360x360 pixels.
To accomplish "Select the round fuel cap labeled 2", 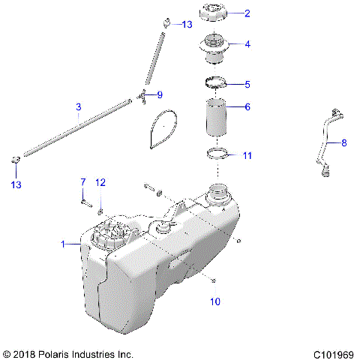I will click(215, 15).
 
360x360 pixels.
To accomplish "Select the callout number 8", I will click(343, 142).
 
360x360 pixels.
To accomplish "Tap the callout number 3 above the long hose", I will click(79, 108).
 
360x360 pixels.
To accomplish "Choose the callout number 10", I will click(215, 302).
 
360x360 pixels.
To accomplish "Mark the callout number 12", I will click(101, 182).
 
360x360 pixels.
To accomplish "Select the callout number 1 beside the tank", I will click(64, 244).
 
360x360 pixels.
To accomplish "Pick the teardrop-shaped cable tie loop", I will click(163, 127).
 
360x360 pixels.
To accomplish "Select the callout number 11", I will click(247, 156).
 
